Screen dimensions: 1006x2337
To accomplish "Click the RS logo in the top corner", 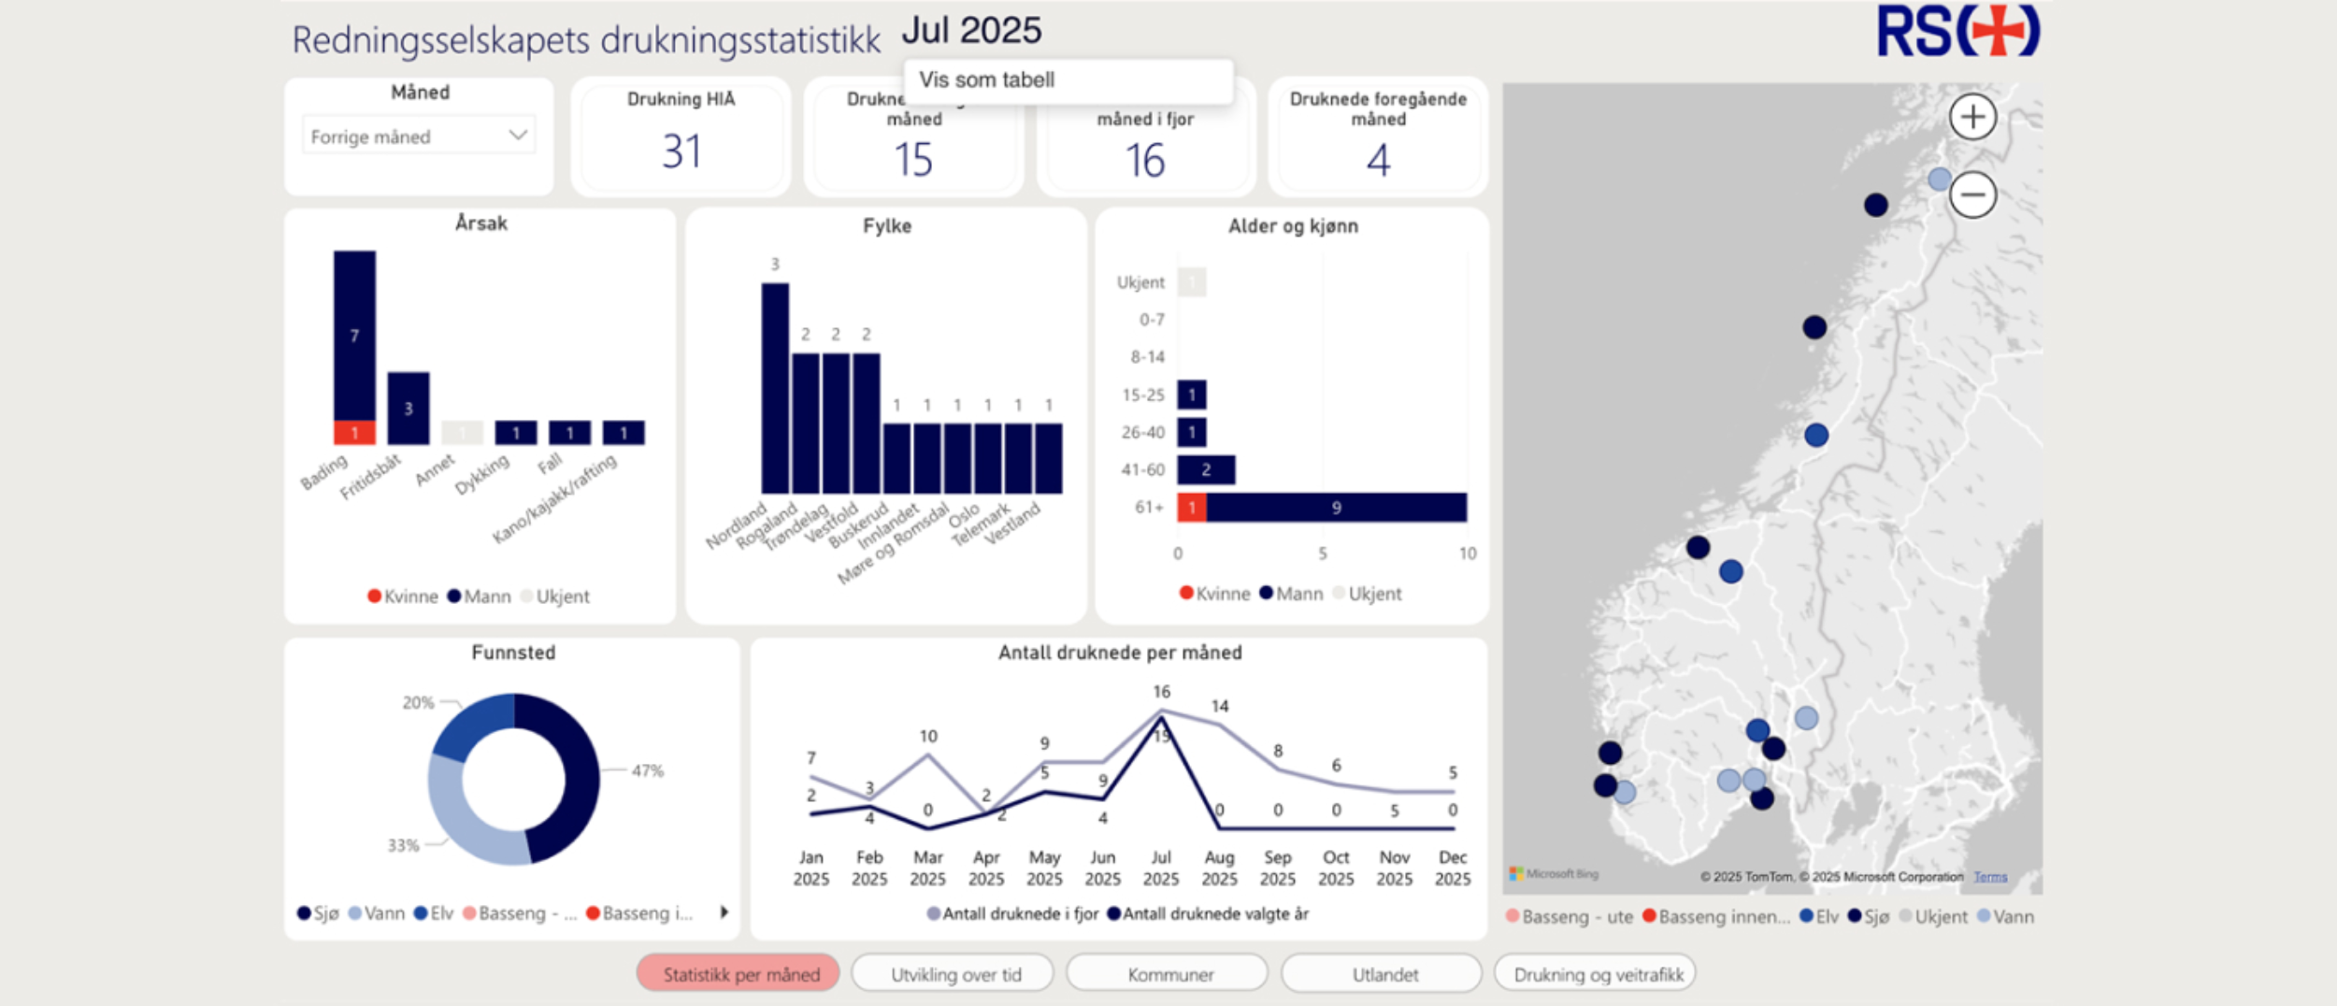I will coord(1957,32).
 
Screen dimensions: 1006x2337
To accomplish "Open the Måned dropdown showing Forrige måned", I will coord(419,137).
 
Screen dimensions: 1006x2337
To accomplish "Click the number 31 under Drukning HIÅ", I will coord(681,151).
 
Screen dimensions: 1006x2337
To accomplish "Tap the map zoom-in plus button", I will coord(1972,118).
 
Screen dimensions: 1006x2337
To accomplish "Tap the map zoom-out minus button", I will coord(1972,194).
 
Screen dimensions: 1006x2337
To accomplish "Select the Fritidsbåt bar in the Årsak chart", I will coord(409,408).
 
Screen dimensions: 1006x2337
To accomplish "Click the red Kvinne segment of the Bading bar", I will coord(354,433).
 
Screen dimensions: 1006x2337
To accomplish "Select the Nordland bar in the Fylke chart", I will coord(775,388).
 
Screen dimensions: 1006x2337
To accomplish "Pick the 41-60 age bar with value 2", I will coord(1206,469).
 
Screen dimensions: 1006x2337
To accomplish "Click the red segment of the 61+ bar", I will coord(1191,508).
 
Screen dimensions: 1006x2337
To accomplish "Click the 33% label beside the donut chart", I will coord(403,845).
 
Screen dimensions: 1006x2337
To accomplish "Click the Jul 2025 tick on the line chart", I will coord(1161,868).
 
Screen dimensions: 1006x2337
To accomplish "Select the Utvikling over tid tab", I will coord(955,974).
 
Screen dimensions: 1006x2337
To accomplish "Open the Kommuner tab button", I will coord(1169,974).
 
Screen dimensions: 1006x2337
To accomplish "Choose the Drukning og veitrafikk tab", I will coord(1598,974).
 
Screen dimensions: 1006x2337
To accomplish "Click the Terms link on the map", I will coord(1990,877).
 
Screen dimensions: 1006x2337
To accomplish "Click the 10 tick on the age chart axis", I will coord(1468,553).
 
